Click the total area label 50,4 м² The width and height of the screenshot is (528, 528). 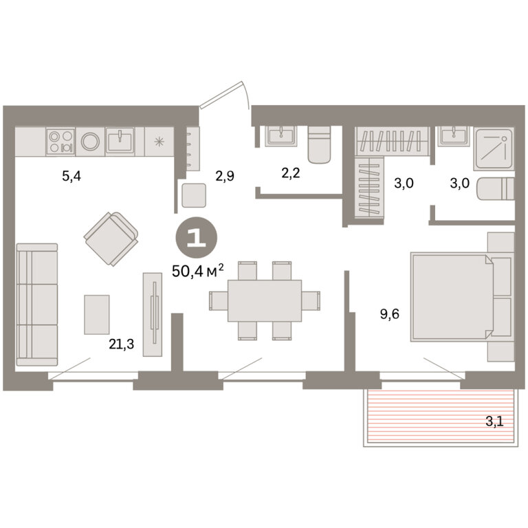coord(198,270)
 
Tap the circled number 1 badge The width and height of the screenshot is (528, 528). coord(197,238)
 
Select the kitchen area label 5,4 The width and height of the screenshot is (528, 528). coord(71,176)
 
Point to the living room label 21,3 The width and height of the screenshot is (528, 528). coord(121,344)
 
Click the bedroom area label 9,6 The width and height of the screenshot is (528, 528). coord(390,314)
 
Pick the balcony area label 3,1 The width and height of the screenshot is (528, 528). coord(494,421)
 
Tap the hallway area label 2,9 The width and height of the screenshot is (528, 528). coord(225,176)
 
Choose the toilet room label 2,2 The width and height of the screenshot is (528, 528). coord(290,173)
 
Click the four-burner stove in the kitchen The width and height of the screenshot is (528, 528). coord(60,142)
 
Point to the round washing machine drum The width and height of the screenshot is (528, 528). coord(90,142)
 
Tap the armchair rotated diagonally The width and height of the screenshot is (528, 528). coord(111,239)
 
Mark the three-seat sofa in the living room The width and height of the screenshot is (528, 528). coord(37,305)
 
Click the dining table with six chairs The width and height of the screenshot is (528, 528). coord(265,300)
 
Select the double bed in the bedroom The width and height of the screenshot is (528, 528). coord(461,297)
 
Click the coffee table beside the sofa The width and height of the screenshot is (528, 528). coord(97,314)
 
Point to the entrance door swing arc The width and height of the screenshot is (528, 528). coord(246,95)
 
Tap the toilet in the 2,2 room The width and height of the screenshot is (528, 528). coord(319,145)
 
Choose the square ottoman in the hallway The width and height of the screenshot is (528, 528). coord(194,195)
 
